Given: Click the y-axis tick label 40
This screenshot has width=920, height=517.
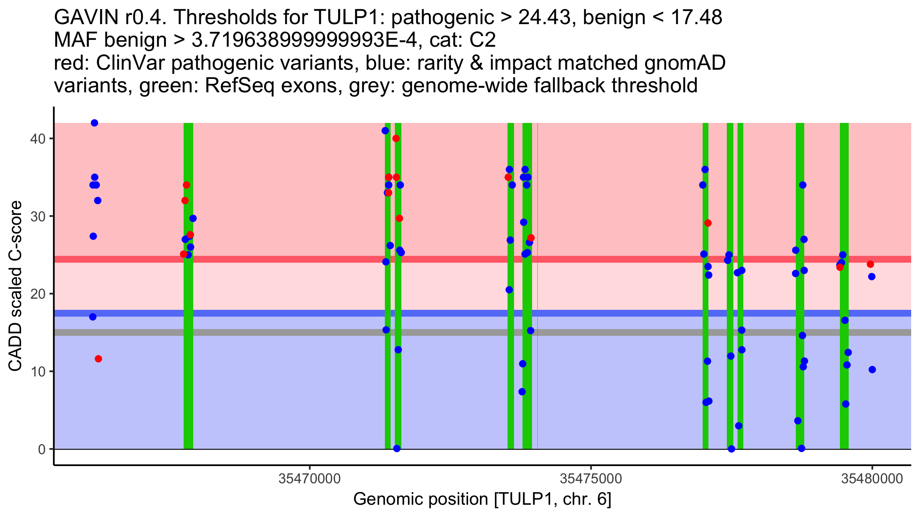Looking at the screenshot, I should click(37, 139).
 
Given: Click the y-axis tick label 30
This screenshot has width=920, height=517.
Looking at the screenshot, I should click(37, 216).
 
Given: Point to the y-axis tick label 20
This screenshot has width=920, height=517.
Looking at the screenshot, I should click(37, 294).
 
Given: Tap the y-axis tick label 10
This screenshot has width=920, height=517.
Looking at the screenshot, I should click(37, 372).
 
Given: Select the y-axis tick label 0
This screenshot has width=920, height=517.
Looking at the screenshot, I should click(41, 449).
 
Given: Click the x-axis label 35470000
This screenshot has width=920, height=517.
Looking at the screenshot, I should click(309, 479).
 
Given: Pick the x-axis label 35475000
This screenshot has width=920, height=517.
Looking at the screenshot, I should click(591, 479).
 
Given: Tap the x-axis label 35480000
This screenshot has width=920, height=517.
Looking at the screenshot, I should click(872, 479).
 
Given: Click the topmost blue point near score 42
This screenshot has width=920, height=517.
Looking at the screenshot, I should click(94, 123).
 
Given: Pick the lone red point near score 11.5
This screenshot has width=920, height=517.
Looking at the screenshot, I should click(98, 359).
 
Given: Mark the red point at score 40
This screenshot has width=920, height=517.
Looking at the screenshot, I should click(396, 138).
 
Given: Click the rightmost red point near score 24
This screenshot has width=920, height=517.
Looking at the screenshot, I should click(870, 264).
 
